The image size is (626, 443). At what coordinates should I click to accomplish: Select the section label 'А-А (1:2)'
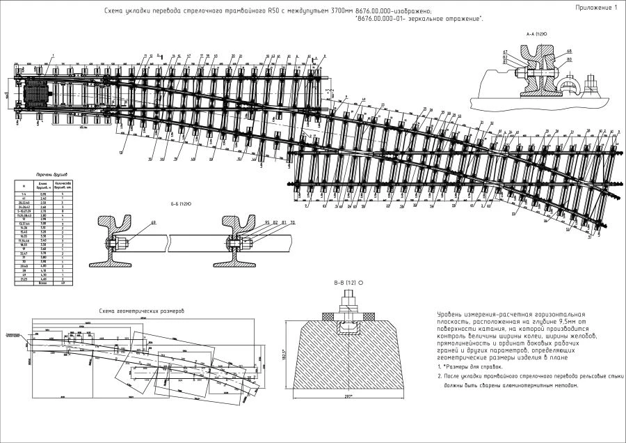[536, 33]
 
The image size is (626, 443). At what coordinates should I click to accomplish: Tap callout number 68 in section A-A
[569, 51]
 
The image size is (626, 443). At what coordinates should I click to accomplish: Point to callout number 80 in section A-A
[569, 60]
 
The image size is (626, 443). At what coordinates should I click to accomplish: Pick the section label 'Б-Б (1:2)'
[181, 204]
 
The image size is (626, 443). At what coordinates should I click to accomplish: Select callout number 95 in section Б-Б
[266, 222]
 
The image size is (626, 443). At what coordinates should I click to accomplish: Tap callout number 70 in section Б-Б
[293, 222]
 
